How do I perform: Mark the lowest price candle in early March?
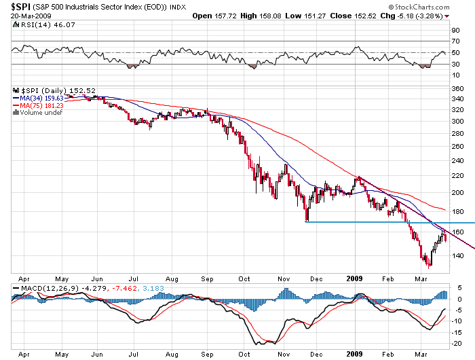click(428, 266)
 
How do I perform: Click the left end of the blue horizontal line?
click(307, 222)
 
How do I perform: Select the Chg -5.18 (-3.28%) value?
click(426, 15)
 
